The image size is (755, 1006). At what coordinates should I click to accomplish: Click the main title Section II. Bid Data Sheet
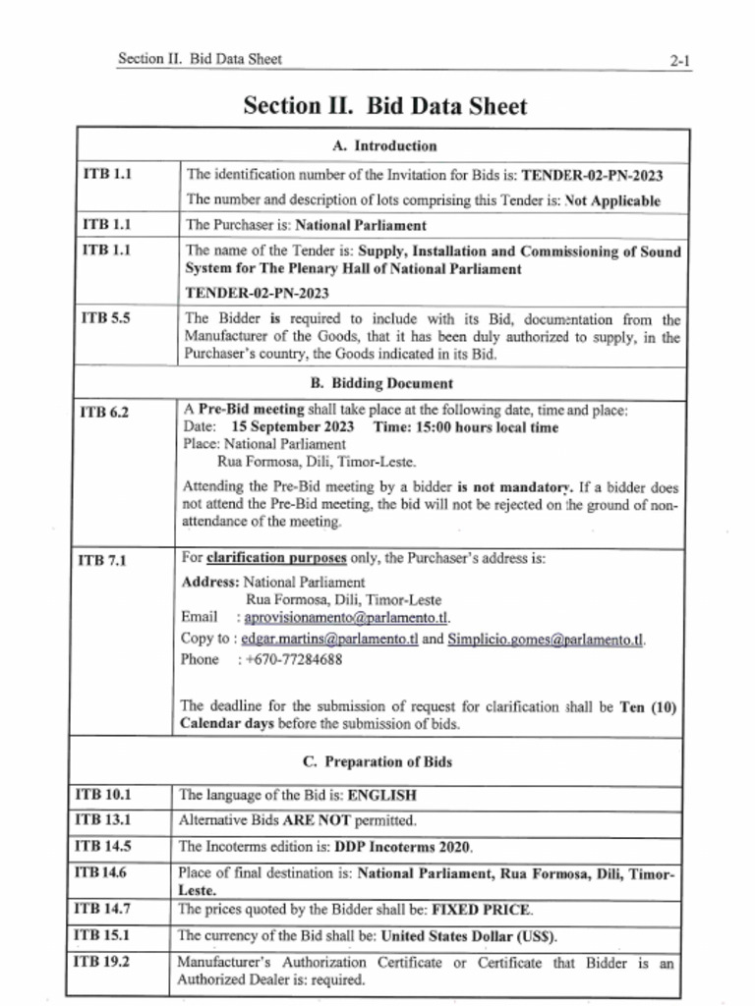coord(384,106)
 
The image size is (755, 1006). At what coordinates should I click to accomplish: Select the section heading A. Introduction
coord(383,146)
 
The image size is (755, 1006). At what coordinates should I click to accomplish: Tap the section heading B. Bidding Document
coord(381,383)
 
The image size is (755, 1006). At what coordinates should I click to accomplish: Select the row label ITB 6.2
coord(104,413)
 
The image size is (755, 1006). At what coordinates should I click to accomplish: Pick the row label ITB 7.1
coord(103,561)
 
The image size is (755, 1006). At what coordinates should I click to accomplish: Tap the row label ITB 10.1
coord(103,794)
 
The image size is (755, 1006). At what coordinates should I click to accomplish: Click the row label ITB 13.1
coord(103,819)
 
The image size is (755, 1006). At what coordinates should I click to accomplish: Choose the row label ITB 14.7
coord(103,910)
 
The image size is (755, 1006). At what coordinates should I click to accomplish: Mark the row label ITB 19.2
coord(103,963)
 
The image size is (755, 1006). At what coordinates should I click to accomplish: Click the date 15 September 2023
coord(293,427)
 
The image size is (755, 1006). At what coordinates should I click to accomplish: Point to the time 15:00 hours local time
coord(466,427)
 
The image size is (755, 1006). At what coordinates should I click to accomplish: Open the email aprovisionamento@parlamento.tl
coord(346,618)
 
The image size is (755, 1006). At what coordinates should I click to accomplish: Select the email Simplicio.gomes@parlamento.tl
coord(546,639)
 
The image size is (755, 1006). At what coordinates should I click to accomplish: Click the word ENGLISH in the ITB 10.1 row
coord(382,795)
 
